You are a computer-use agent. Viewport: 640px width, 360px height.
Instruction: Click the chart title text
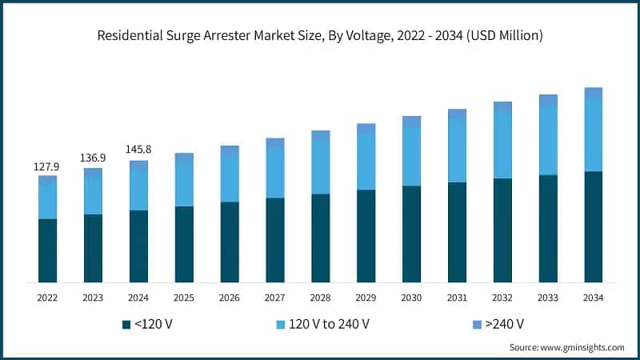point(320,34)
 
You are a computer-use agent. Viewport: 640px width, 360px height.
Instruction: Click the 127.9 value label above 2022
point(47,167)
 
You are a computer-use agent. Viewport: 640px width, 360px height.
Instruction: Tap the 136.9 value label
point(93,158)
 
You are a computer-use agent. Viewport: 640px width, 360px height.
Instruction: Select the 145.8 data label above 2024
point(138,150)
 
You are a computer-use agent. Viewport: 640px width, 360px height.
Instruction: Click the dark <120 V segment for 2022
point(47,250)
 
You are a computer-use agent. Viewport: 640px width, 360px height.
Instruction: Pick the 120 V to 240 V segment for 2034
point(593,135)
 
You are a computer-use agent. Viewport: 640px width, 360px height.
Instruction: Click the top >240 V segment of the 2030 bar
point(411,121)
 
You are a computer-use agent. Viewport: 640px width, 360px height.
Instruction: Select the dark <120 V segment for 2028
point(320,238)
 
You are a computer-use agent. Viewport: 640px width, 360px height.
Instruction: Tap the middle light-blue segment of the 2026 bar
point(230,178)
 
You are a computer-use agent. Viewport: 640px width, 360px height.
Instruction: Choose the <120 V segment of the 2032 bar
point(502,230)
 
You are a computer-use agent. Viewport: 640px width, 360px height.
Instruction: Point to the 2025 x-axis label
point(184,298)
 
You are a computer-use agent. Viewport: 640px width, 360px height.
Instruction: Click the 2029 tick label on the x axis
point(366,298)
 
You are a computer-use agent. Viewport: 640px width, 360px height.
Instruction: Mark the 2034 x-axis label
point(593,298)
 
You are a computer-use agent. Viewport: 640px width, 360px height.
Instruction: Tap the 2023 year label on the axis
point(93,298)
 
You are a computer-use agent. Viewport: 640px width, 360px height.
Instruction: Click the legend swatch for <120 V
point(126,324)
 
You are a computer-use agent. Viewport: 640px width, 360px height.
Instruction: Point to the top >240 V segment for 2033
point(547,100)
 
